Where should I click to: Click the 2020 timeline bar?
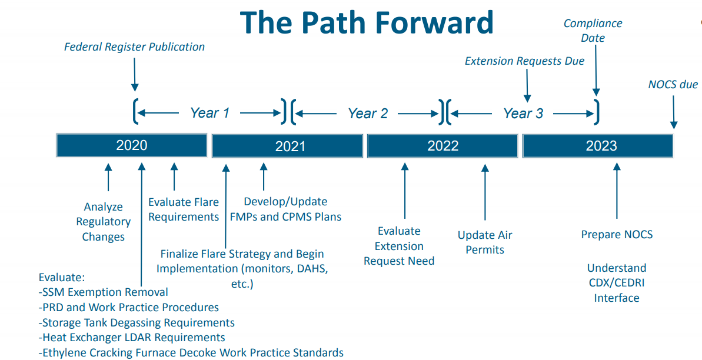coord(132,145)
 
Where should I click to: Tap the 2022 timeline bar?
coord(443,145)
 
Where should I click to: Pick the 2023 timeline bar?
coord(598,145)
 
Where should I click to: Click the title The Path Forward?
coord(367,22)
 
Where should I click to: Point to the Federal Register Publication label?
coord(134,46)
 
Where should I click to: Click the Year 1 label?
coord(209,113)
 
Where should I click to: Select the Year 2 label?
coord(368,113)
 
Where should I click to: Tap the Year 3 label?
coord(523,113)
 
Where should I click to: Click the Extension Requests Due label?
coord(524,61)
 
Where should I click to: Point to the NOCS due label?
coord(673,84)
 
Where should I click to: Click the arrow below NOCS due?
coord(674,112)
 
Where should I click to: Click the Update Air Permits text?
coord(485,242)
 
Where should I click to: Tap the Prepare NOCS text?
coord(617,234)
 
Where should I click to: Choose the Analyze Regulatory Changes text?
coord(104,222)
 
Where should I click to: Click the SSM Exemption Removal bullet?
coord(104,292)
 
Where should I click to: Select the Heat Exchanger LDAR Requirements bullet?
coord(132,338)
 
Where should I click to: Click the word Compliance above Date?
coord(593,23)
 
